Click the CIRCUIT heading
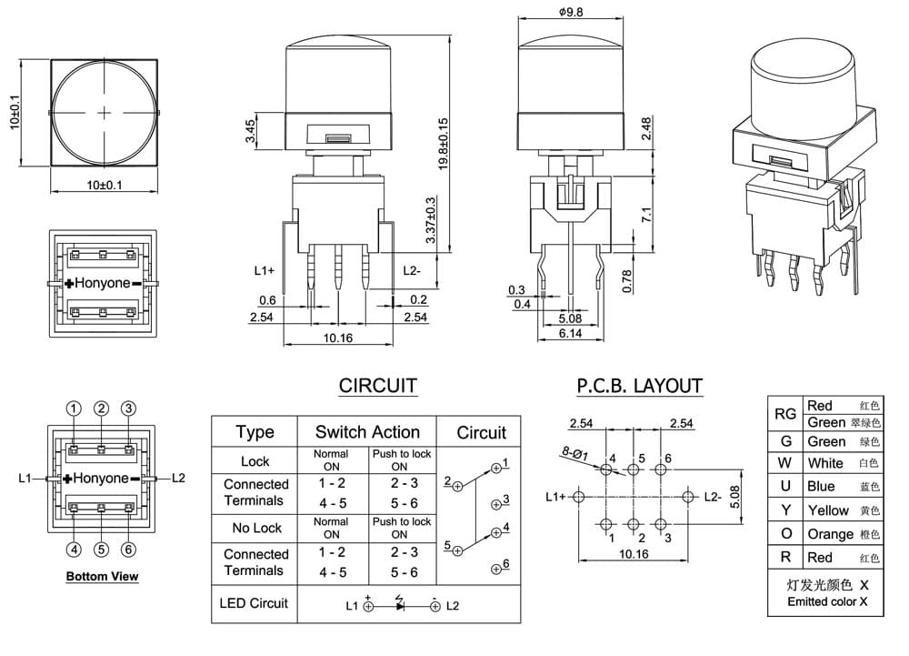(378, 386)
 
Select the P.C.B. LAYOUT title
(639, 386)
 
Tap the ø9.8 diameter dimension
(571, 11)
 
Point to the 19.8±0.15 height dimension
(444, 143)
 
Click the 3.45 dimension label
(250, 131)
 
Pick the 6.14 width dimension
(571, 333)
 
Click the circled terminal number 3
(129, 409)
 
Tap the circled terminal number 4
(74, 549)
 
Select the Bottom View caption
(102, 576)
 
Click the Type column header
(255, 432)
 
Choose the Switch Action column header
(367, 432)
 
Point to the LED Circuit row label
(254, 603)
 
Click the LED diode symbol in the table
(400, 604)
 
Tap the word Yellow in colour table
(828, 510)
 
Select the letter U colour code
(785, 486)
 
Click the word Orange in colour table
(830, 534)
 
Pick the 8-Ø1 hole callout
(574, 453)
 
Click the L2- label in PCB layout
(713, 497)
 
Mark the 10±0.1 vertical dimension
(15, 113)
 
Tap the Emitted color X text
(827, 601)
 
